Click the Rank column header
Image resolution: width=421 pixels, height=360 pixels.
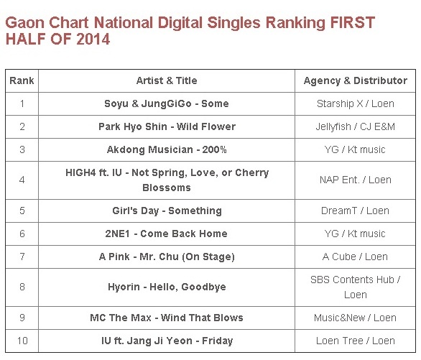(22, 80)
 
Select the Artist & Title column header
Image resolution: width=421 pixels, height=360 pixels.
(167, 80)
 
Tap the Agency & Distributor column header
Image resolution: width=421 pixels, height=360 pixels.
(355, 80)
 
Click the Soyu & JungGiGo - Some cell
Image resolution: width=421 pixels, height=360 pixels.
(167, 103)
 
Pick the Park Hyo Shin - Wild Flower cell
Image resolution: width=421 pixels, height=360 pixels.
(167, 126)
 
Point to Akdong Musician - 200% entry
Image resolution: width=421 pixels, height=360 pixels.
(167, 149)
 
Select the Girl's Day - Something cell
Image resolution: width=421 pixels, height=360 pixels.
(167, 211)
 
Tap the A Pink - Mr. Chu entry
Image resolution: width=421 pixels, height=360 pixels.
(167, 257)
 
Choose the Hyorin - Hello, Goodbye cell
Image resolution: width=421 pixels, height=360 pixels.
(167, 287)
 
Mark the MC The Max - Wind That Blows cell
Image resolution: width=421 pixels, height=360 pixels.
(167, 318)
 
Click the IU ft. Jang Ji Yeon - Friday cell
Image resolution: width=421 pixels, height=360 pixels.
(167, 341)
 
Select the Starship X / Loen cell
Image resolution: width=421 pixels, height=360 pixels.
(355, 103)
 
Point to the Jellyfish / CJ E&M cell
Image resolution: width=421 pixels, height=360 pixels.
(355, 126)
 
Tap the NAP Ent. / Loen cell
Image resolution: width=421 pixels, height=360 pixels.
(355, 180)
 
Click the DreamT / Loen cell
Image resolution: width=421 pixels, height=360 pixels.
(355, 211)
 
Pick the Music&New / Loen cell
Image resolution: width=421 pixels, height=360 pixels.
(355, 318)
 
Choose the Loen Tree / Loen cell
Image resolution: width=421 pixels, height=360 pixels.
(355, 341)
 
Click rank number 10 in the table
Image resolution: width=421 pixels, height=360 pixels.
(22, 341)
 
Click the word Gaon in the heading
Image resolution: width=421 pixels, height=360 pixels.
(25, 22)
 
